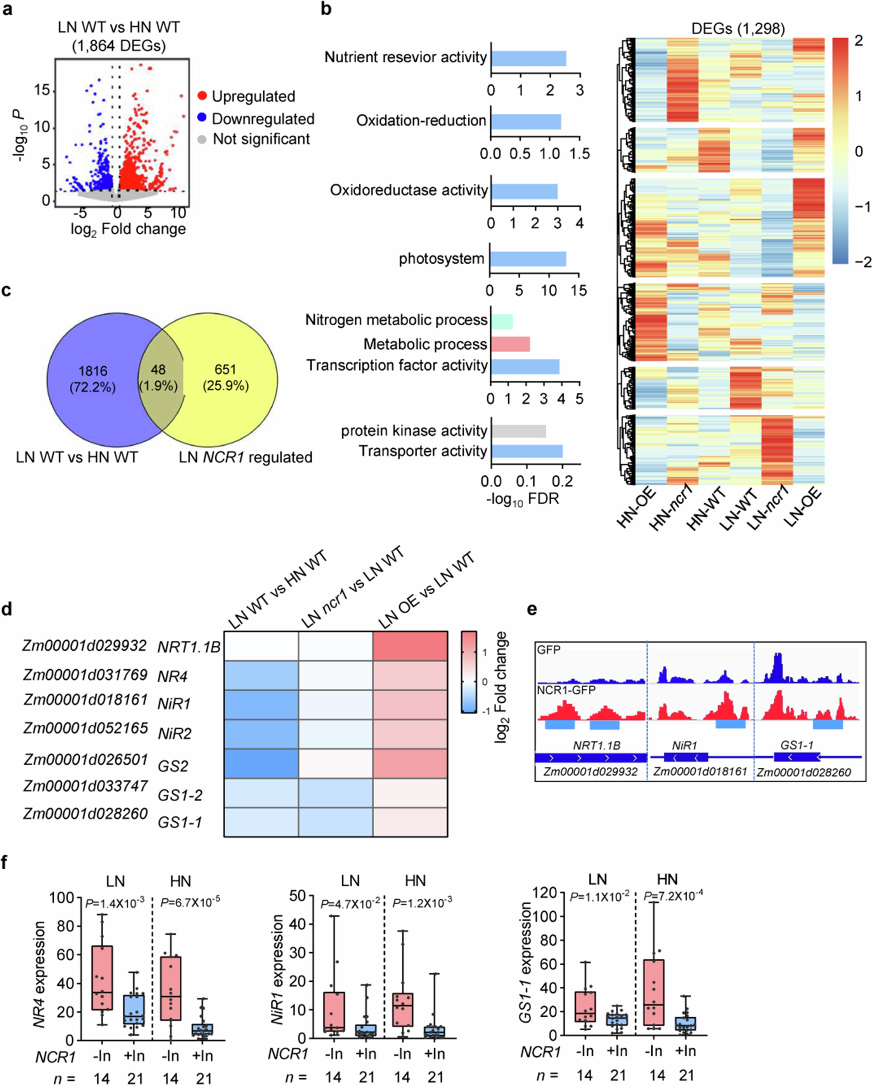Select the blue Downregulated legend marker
pyautogui.click(x=202, y=119)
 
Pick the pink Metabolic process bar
pyautogui.click(x=510, y=344)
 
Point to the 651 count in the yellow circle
pyautogui.click(x=225, y=370)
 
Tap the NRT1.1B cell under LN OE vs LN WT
pyautogui.click(x=410, y=646)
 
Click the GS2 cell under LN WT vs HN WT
pyautogui.click(x=261, y=764)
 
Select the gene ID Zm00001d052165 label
pyautogui.click(x=85, y=728)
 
